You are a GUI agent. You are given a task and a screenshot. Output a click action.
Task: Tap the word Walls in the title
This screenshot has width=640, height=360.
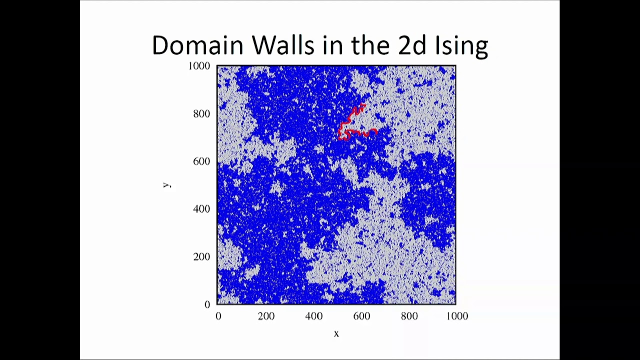tap(282, 45)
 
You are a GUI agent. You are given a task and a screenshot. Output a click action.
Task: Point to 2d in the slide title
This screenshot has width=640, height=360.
tap(412, 45)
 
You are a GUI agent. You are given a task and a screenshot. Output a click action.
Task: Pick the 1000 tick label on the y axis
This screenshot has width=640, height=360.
tap(199, 66)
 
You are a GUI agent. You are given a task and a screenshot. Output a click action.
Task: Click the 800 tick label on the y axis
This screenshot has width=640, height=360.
tap(201, 113)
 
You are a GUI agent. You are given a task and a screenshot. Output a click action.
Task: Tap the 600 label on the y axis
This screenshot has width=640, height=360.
tap(201, 161)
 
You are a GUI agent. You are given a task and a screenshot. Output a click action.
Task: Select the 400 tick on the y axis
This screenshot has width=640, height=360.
tap(201, 208)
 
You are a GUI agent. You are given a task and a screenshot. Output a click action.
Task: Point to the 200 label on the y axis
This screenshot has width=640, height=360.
tap(201, 256)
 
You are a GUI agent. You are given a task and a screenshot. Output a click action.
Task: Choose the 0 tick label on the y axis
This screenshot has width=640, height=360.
tap(207, 304)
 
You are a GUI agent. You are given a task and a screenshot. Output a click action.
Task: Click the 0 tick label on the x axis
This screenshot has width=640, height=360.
tap(218, 316)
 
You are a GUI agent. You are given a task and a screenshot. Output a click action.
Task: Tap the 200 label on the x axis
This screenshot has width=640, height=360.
tap(266, 316)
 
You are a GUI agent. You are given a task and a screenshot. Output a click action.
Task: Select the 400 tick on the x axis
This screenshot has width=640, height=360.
tap(313, 316)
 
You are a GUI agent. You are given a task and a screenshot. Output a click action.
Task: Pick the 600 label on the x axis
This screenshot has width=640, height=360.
tap(361, 316)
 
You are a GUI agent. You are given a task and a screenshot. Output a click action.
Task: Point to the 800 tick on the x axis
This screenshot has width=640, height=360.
tap(409, 316)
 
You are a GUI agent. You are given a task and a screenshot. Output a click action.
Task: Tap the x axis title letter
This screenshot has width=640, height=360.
tap(336, 333)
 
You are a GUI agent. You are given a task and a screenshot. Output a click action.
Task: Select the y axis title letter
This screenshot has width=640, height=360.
tap(167, 185)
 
